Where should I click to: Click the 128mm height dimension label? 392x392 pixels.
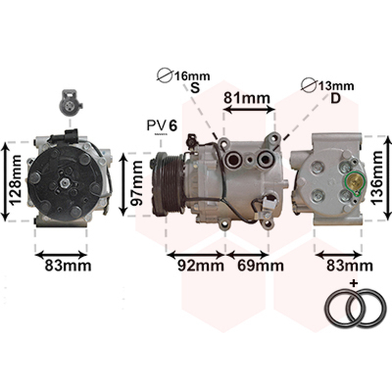15,180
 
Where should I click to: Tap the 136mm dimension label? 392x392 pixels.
376,178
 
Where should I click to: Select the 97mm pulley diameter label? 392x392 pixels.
137,183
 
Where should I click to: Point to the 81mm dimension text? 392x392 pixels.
247,98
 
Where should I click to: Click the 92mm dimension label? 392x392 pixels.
201,266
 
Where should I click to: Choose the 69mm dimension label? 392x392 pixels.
261,266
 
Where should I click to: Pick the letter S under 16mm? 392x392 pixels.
195,88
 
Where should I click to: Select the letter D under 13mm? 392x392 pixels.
336,98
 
